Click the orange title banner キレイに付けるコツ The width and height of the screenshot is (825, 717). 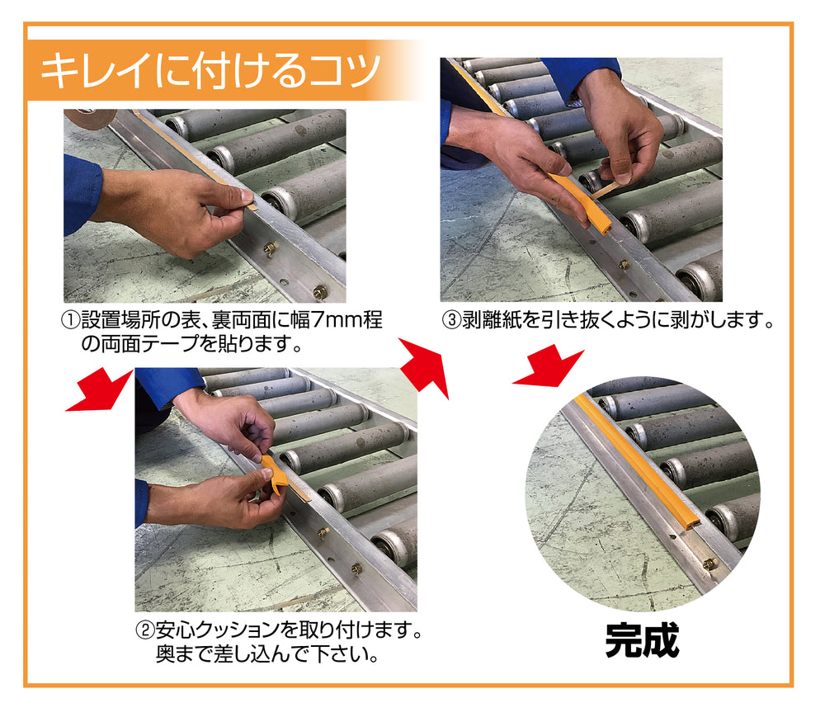click(210, 70)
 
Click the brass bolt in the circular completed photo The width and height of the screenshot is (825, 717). click(708, 564)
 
